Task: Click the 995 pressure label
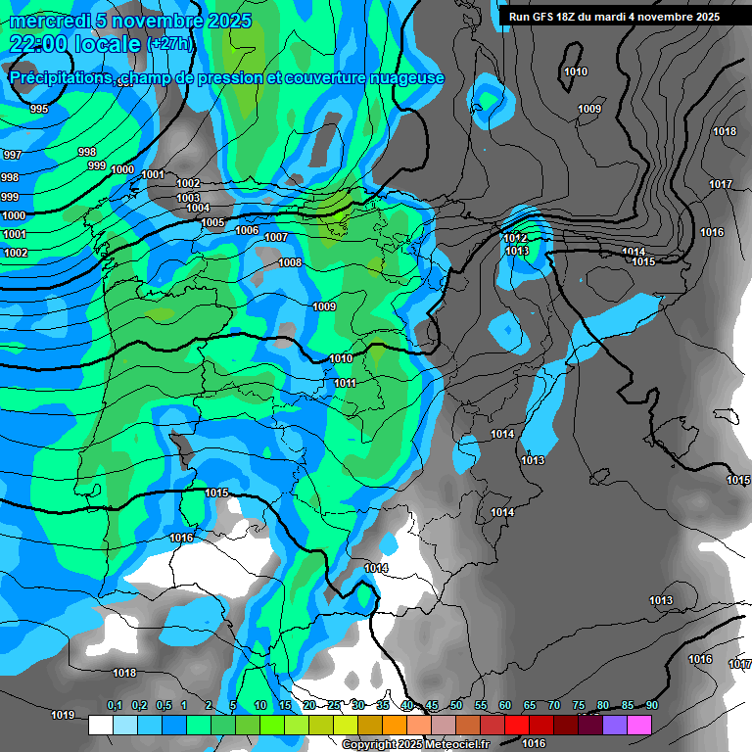(x=38, y=109)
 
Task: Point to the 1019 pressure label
(x=63, y=715)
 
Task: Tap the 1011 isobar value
(x=345, y=383)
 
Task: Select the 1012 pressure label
(x=516, y=238)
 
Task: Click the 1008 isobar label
(x=290, y=262)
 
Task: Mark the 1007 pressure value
(x=276, y=237)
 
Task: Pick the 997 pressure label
(x=12, y=156)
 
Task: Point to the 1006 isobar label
(x=248, y=230)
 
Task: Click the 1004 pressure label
(x=198, y=208)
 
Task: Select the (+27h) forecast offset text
(x=169, y=44)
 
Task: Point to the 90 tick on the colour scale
(x=651, y=706)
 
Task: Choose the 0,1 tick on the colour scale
(x=114, y=706)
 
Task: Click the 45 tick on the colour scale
(x=432, y=706)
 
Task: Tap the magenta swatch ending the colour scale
(x=638, y=725)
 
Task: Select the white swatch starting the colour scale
(x=100, y=725)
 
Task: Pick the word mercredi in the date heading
(x=50, y=21)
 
